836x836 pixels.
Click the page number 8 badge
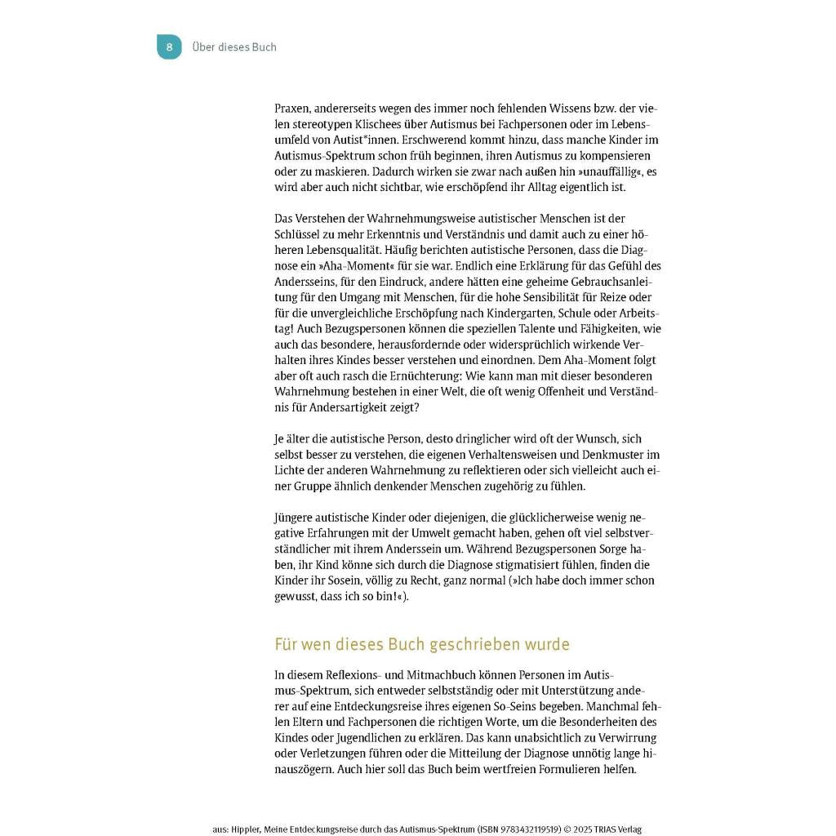tap(169, 47)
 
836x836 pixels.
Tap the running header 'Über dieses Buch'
tap(234, 47)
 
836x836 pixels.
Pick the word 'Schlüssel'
tap(298, 234)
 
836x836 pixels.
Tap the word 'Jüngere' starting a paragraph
tap(296, 518)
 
